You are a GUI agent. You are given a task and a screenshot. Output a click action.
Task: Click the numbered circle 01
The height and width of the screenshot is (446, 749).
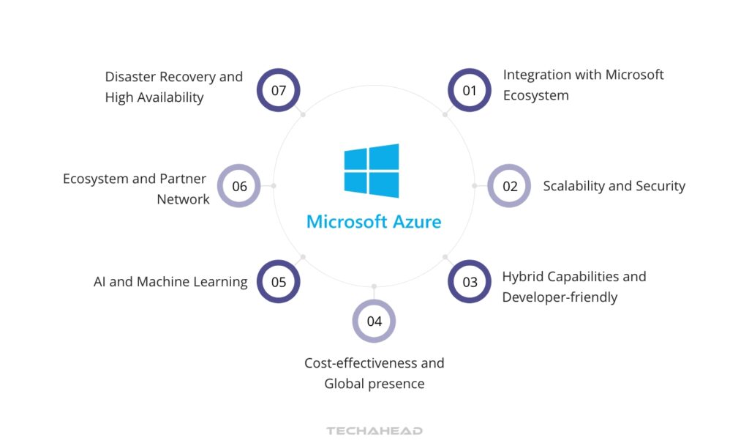469,90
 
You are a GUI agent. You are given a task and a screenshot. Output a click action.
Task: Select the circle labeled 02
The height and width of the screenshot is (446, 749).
509,186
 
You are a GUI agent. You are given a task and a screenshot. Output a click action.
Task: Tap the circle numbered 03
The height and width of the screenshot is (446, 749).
469,282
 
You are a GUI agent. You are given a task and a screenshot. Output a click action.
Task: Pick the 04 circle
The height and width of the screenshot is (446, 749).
374,321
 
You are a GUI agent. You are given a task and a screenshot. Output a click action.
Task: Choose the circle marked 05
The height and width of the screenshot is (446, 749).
279,282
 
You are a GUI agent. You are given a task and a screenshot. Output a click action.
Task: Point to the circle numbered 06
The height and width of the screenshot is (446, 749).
239,186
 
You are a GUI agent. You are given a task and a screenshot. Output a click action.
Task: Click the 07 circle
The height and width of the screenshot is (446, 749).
279,90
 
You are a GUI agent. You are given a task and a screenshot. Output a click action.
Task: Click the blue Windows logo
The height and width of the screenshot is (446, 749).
372,171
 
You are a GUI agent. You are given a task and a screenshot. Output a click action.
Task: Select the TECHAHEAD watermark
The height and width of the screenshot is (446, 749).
374,431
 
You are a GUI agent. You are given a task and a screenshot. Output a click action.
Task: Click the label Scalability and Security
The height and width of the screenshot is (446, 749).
614,186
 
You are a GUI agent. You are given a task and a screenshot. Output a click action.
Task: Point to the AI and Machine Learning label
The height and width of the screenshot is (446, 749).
170,282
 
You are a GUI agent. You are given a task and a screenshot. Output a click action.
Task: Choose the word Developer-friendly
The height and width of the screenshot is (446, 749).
560,297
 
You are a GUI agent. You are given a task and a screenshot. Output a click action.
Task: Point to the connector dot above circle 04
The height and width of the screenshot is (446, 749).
374,286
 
